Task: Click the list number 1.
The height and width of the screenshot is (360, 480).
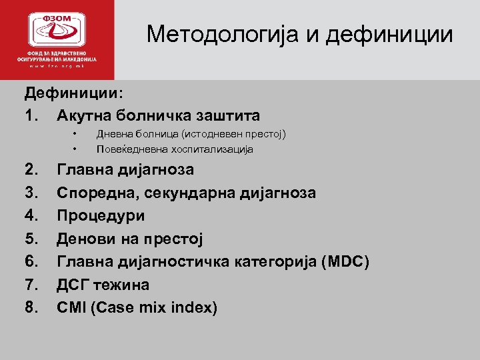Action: click(33, 116)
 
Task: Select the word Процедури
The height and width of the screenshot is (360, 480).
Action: click(101, 216)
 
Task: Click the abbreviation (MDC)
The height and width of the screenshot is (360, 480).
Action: click(345, 262)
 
